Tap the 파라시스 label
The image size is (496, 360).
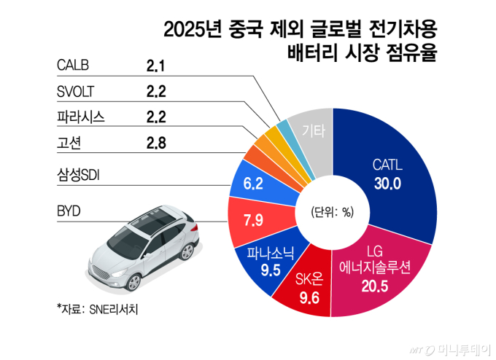(81, 117)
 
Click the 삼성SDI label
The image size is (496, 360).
(85, 176)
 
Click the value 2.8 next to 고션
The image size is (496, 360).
(156, 142)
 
